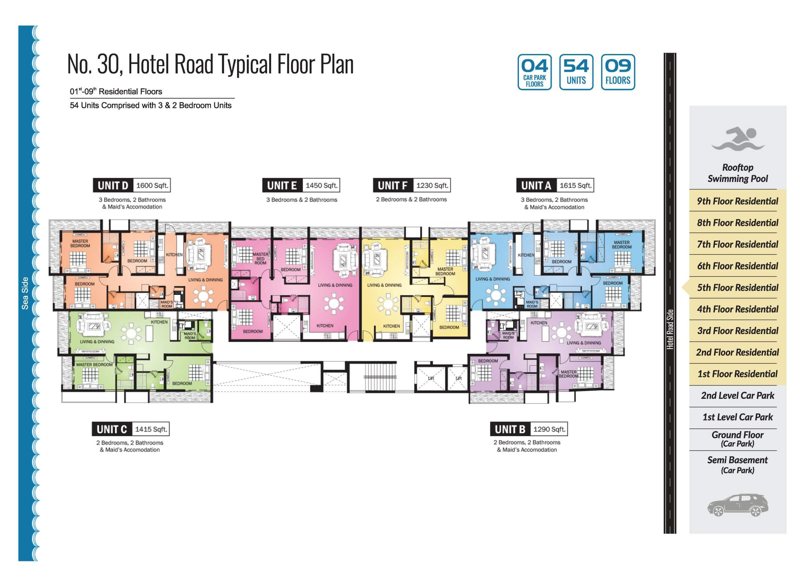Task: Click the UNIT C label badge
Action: click(x=111, y=429)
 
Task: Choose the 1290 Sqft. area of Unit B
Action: click(x=549, y=429)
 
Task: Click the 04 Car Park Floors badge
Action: click(x=534, y=72)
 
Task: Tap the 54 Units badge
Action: click(x=576, y=72)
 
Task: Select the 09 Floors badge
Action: click(x=618, y=72)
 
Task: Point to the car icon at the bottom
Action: click(x=738, y=505)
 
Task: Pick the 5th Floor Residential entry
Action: click(x=738, y=287)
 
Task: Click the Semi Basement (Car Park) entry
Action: click(x=738, y=465)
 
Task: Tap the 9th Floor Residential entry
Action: click(x=738, y=201)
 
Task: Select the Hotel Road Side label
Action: click(x=670, y=329)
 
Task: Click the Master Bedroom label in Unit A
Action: click(x=621, y=245)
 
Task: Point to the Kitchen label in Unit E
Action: click(x=325, y=326)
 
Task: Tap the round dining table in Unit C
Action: click(x=131, y=333)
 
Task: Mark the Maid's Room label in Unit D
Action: click(x=167, y=304)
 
